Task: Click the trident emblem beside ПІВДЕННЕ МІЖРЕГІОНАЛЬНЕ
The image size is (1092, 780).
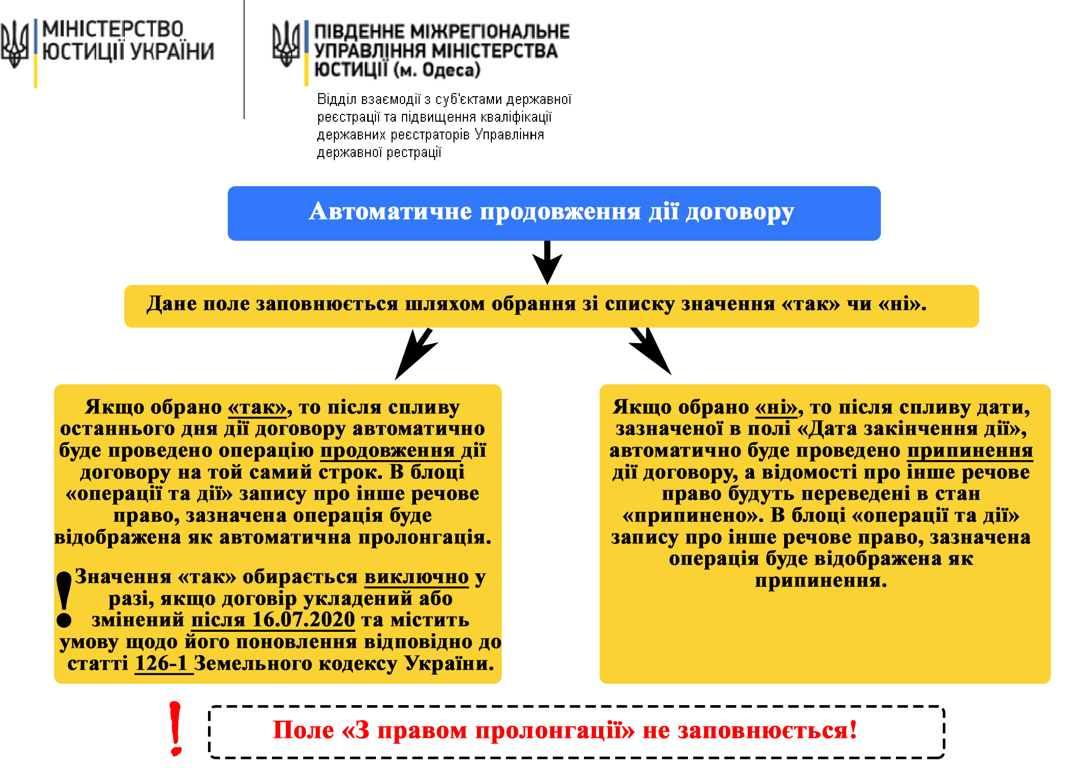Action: (285, 44)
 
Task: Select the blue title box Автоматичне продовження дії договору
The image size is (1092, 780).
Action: (554, 213)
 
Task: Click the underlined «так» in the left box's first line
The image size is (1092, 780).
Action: (257, 408)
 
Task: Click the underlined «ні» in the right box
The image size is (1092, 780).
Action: (776, 408)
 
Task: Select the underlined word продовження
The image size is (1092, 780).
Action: (387, 451)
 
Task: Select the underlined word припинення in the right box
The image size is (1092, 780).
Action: (970, 451)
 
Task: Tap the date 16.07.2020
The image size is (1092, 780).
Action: (303, 620)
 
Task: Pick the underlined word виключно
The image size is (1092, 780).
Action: (417, 577)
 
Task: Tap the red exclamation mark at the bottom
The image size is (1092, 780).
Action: (176, 729)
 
